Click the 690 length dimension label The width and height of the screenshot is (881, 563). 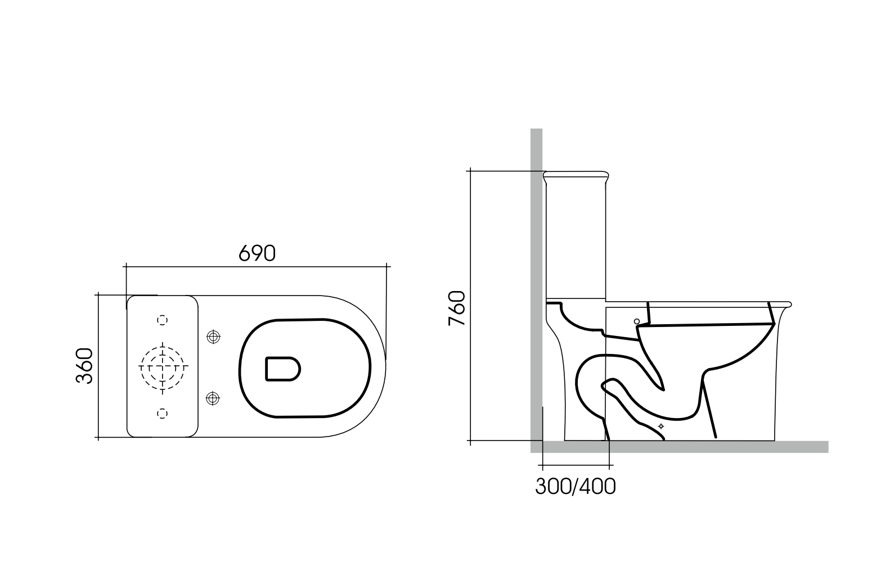(257, 253)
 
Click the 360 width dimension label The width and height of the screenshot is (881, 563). (84, 366)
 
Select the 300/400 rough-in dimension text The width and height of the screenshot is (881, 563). (575, 487)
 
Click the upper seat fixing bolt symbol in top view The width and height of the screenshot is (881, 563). (213, 337)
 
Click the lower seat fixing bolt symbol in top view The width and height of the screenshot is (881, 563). (213, 398)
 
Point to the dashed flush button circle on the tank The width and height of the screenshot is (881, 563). (163, 366)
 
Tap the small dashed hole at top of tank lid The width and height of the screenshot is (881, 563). (162, 320)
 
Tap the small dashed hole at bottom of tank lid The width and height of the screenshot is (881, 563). (162, 413)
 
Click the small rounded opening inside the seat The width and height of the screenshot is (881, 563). (282, 369)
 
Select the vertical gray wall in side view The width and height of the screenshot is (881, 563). (536, 281)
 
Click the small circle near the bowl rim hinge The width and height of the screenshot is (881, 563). (637, 321)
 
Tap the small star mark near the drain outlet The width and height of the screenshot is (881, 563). (661, 426)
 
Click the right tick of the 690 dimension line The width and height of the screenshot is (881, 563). (387, 266)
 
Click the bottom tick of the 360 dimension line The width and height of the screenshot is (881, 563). (98, 437)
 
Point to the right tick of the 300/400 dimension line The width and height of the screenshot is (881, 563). (610, 466)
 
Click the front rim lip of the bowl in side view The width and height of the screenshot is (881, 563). (788, 305)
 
